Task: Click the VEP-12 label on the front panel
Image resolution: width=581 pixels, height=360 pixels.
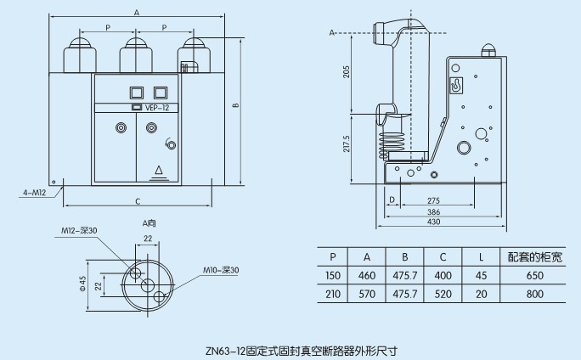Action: point(157,108)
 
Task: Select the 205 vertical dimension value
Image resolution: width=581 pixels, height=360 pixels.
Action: point(346,72)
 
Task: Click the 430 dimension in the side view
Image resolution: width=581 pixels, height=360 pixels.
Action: point(434,222)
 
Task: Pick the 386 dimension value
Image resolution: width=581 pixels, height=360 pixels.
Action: point(432,211)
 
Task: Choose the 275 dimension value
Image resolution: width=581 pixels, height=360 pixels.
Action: point(433,200)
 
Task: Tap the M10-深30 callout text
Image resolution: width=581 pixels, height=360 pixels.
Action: point(222,270)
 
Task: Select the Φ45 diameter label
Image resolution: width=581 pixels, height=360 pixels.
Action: point(83,281)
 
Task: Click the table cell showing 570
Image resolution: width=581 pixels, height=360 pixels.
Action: point(367,294)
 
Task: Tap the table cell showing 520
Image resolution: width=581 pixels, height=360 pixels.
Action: point(443,294)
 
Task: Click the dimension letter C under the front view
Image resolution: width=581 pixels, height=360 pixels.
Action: point(137,201)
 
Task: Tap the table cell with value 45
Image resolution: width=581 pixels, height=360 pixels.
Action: point(482,276)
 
